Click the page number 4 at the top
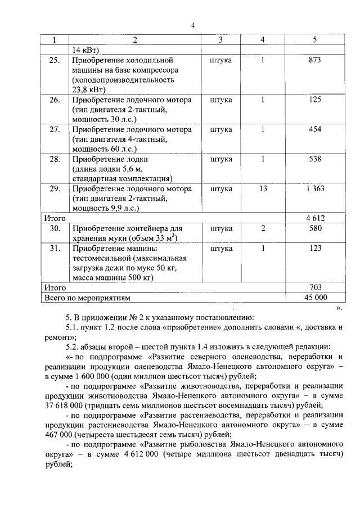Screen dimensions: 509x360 click(x=192, y=25)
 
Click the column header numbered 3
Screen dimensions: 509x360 click(x=220, y=40)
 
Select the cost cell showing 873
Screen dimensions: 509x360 click(x=314, y=60)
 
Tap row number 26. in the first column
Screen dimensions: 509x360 click(x=55, y=100)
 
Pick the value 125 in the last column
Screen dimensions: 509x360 click(x=314, y=100)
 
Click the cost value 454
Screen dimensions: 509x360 click(x=314, y=129)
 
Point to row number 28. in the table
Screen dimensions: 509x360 click(x=55, y=159)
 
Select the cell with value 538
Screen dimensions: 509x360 click(x=314, y=159)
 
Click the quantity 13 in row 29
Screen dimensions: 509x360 click(x=263, y=189)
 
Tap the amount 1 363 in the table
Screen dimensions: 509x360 click(x=314, y=189)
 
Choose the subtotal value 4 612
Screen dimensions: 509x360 click(x=314, y=218)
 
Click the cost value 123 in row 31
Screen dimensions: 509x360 click(x=314, y=247)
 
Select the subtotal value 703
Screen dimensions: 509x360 click(x=314, y=287)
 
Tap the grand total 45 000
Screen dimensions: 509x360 click(x=314, y=298)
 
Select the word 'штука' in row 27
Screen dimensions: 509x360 click(x=220, y=129)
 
